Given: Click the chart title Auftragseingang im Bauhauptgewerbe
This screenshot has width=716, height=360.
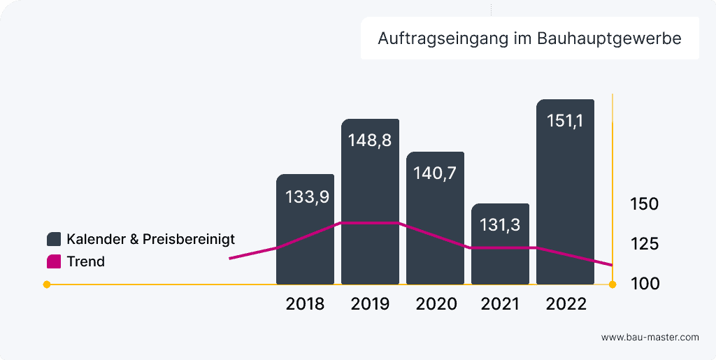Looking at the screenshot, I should [529, 38].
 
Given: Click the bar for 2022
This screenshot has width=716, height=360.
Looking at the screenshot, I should [565, 196].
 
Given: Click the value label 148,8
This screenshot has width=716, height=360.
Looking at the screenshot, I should [370, 140].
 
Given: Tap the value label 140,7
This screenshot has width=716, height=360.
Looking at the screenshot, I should [435, 173].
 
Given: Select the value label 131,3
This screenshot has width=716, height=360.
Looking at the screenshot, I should [500, 225].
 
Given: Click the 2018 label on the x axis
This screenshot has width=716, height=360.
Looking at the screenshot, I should [305, 305].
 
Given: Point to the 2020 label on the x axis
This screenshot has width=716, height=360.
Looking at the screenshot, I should [436, 305].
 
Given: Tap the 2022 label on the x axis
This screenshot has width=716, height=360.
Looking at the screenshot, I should [566, 305].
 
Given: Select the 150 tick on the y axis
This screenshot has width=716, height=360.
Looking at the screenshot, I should [644, 205].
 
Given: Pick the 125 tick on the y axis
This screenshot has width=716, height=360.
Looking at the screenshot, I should [644, 244].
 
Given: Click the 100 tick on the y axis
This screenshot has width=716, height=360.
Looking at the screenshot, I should [644, 284].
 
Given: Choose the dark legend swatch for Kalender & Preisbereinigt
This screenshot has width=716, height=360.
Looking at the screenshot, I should [54, 239].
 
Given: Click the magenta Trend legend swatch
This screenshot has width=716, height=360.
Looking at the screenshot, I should [54, 262].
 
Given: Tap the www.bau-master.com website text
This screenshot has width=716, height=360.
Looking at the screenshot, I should [650, 337].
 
